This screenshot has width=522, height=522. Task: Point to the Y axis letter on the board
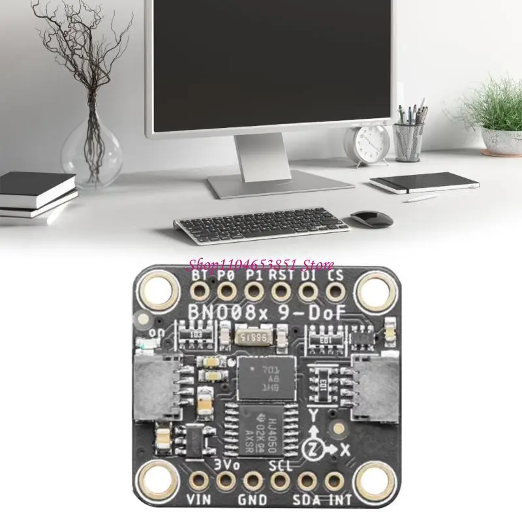pyautogui.click(x=313, y=414)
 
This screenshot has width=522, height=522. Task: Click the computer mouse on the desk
pyautogui.click(x=372, y=218)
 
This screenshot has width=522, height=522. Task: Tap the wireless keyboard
pyautogui.click(x=260, y=225)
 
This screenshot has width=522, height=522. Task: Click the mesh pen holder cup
pyautogui.click(x=409, y=140)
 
